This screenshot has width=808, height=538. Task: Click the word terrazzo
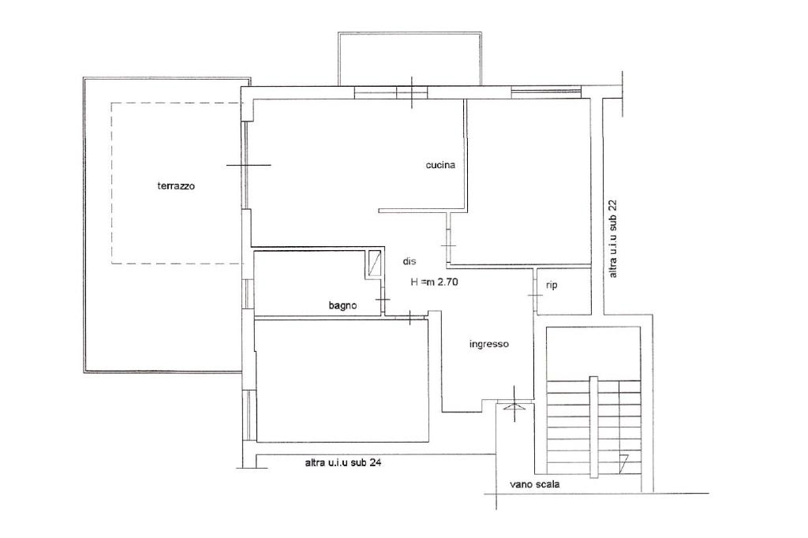pos(176,186)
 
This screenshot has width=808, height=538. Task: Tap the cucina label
pos(440,165)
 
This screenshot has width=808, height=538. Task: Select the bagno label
pos(342,305)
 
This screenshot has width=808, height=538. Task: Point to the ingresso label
pos(489,344)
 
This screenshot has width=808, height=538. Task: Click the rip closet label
pos(552,285)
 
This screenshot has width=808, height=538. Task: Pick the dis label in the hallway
pos(410,261)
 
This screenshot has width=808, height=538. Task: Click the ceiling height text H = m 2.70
pos(435,282)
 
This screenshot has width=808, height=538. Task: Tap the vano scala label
pos(534,484)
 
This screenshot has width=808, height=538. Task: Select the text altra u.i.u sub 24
pos(343,463)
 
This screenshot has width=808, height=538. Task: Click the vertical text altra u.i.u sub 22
pos(612,238)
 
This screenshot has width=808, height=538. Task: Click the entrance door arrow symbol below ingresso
pos(514,406)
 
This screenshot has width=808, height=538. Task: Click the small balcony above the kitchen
pos(410,59)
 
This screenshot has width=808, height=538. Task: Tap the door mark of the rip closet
pos(536,295)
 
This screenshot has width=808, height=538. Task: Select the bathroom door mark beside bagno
pos(383,300)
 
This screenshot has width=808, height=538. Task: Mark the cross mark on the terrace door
pos(249,165)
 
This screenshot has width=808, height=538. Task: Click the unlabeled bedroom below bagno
pos(342,380)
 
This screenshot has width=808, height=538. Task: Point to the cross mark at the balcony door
pos(412,92)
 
